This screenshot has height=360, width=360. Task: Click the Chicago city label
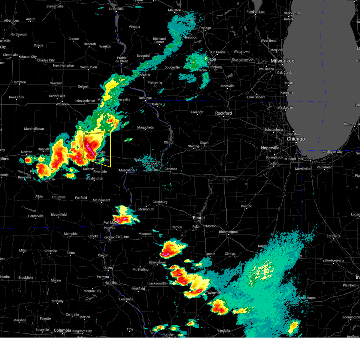(296, 139)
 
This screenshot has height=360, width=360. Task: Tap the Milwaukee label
(282, 61)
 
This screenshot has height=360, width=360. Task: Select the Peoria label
(199, 218)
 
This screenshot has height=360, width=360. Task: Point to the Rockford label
(223, 113)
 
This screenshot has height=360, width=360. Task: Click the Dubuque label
(145, 98)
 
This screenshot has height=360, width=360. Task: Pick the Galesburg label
(160, 202)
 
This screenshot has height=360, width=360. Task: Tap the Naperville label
(270, 148)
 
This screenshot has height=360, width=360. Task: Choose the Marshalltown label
(34, 129)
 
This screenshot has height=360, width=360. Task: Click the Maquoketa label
(145, 127)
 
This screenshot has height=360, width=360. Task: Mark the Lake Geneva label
(256, 97)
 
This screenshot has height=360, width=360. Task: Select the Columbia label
(62, 330)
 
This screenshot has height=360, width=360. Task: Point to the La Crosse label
(116, 9)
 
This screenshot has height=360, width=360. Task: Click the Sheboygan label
(292, 13)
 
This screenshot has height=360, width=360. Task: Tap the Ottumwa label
(59, 197)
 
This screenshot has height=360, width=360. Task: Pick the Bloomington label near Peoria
(228, 232)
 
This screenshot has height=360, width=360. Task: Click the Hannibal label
(111, 283)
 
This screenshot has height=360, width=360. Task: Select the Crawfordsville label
(334, 261)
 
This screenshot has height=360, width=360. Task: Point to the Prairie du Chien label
(122, 59)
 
